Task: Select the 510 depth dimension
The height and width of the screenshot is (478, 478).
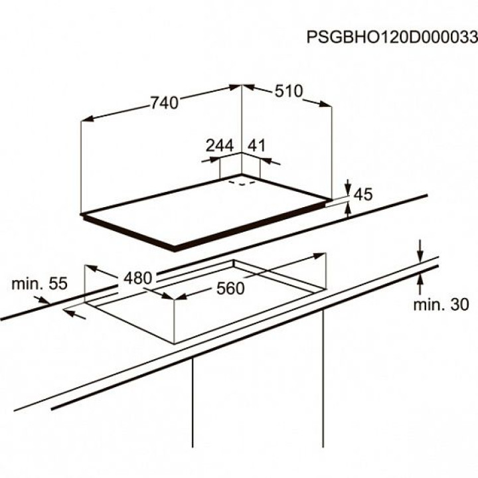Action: pos(289,92)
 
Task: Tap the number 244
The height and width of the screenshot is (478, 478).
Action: pos(220,145)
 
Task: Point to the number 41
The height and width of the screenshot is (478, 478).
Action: pos(256,145)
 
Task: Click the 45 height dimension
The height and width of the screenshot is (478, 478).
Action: pos(362,195)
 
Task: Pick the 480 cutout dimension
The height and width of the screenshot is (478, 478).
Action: pos(137,279)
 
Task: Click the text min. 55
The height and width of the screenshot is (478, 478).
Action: pos(39,284)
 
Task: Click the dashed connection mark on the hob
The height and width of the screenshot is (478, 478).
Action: pos(242,181)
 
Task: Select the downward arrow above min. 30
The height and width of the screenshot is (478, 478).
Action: pos(420,253)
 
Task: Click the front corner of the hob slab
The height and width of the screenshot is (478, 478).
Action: pos(175,248)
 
